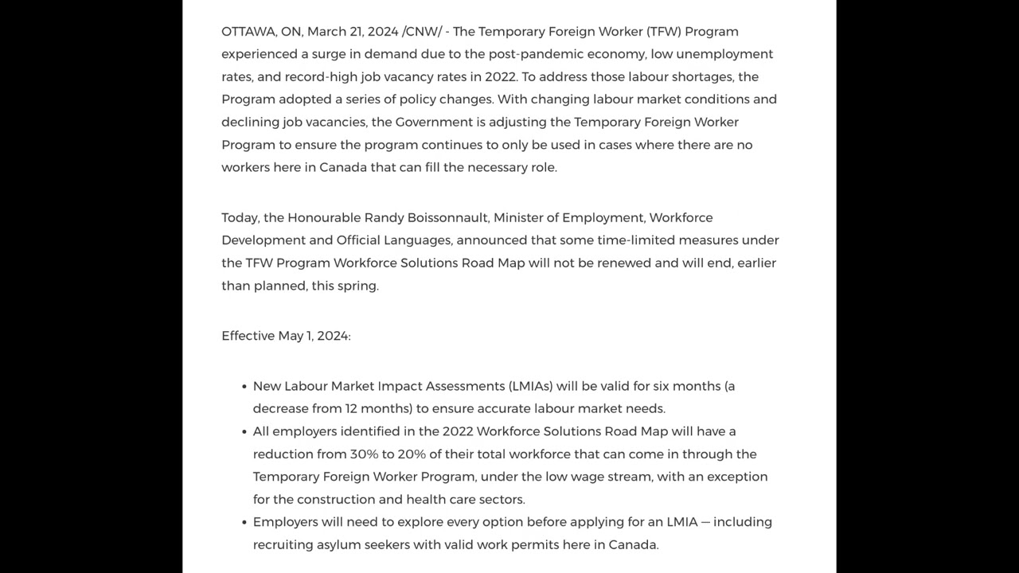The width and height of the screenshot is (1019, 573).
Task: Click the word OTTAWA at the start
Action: tap(248, 32)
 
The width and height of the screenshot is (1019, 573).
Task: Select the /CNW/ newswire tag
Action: tap(422, 32)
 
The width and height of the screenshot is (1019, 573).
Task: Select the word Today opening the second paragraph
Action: tap(240, 218)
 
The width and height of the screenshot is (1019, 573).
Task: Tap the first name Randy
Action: tap(384, 218)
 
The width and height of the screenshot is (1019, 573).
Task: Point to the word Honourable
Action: tap(323, 218)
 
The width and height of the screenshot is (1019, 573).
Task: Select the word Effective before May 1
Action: tap(248, 336)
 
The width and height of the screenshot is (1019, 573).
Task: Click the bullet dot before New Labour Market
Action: tap(244, 387)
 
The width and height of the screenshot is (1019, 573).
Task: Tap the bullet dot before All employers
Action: tap(244, 432)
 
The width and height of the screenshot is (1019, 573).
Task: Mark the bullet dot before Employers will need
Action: tap(244, 523)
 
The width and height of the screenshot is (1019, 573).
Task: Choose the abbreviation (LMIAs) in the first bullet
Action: tap(530, 386)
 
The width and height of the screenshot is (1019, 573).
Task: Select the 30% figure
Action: tap(364, 454)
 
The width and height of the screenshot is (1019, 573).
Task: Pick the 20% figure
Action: tap(412, 454)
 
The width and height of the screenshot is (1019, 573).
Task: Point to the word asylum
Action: tap(338, 545)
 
